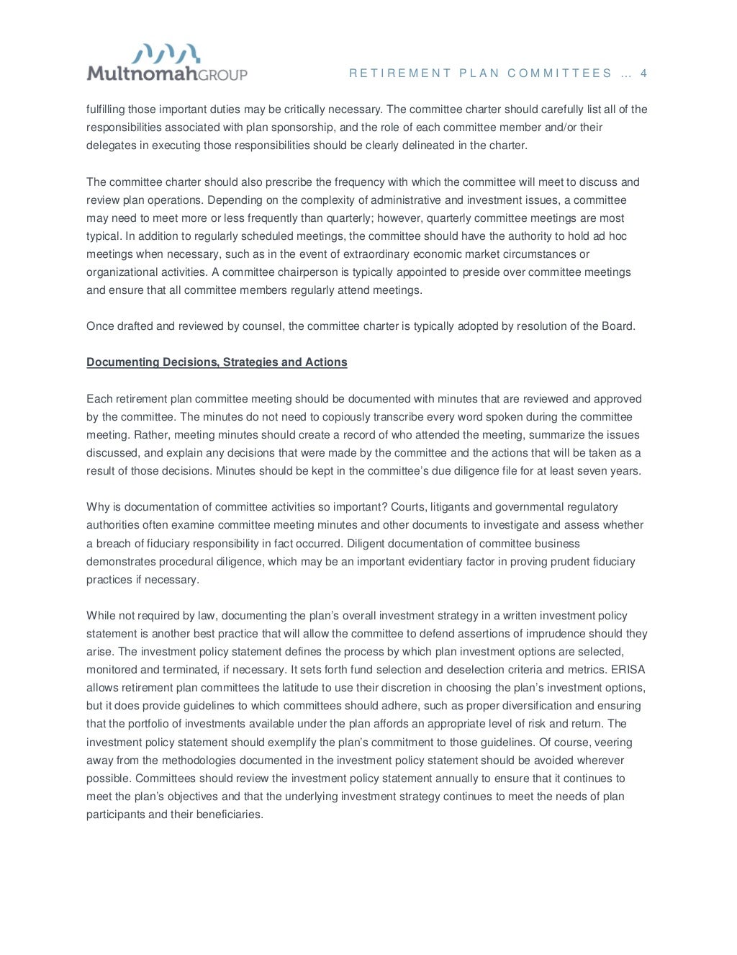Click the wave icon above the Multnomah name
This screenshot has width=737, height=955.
point(166,53)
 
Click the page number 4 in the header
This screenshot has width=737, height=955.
point(643,73)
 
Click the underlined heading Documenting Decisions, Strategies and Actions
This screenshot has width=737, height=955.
point(217,362)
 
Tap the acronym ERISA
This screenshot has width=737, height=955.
point(628,670)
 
